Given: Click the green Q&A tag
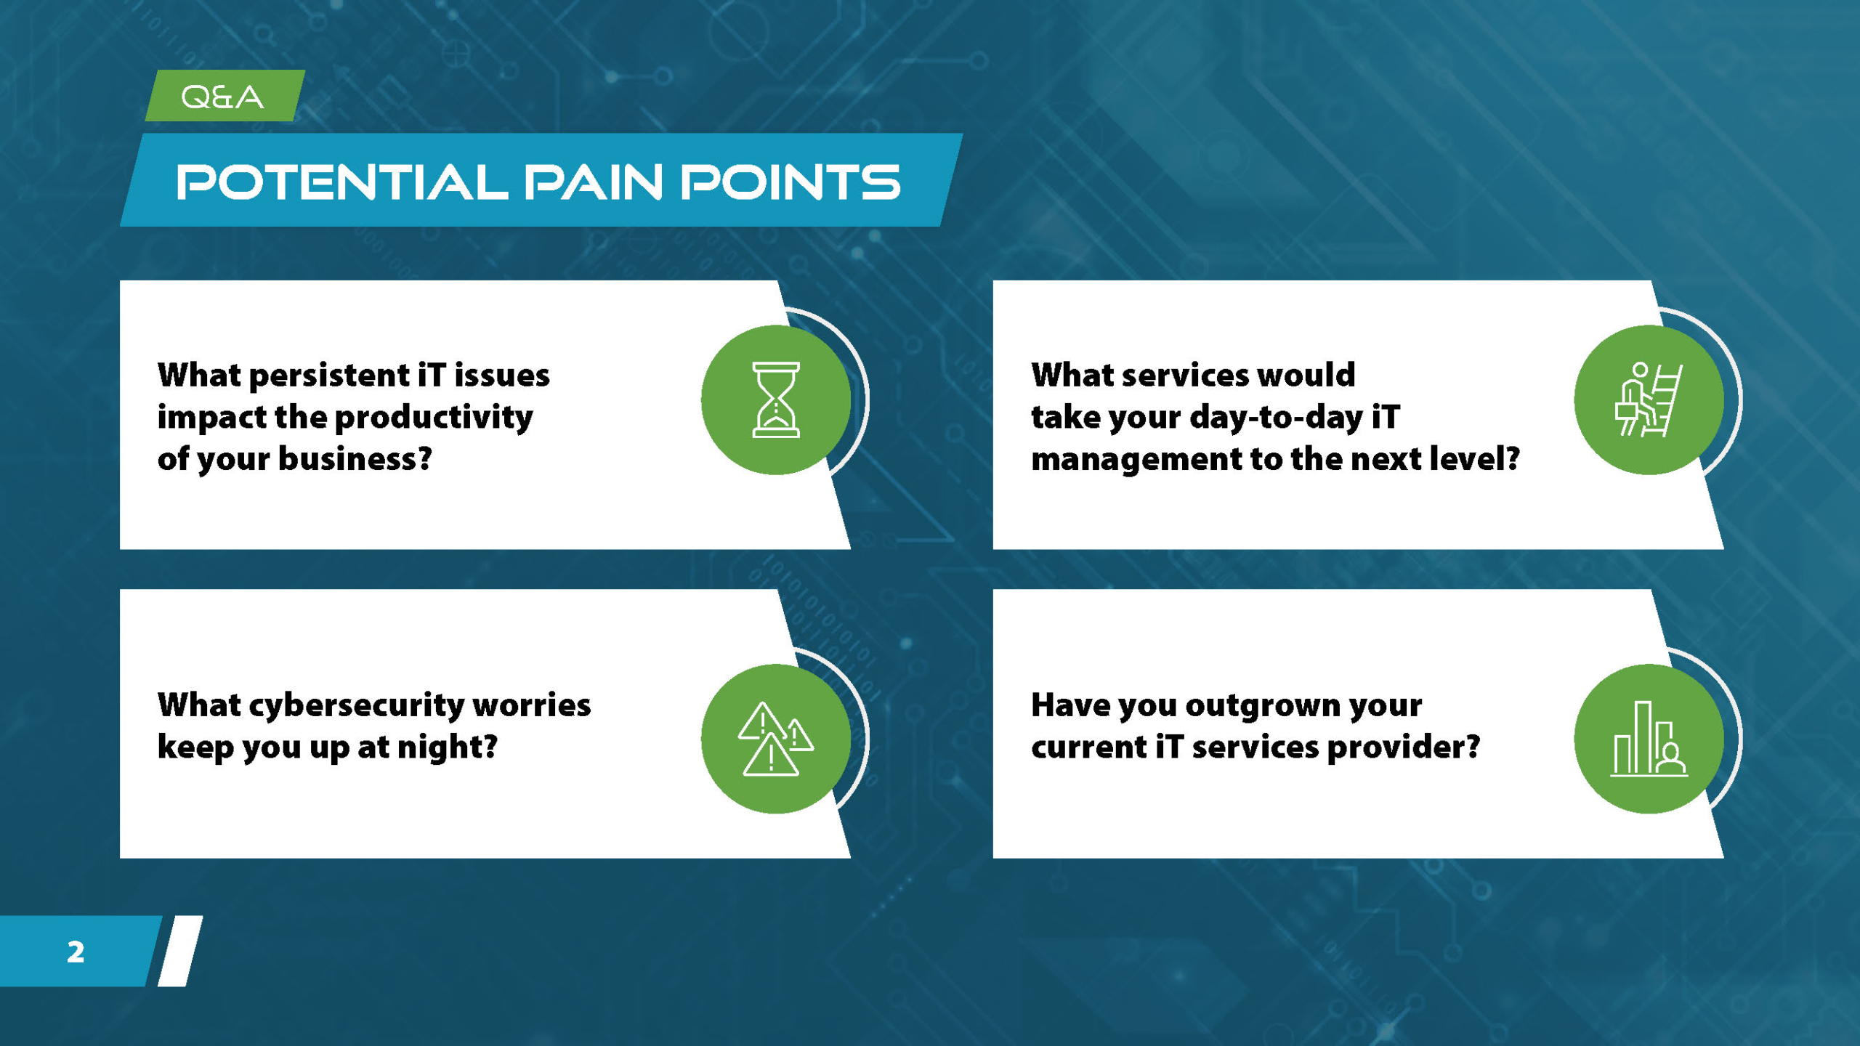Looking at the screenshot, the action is coord(225,96).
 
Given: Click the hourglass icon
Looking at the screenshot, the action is coord(776,400).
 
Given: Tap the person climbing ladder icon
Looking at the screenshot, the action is coord(1649,400).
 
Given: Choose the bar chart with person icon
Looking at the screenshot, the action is coord(1649,739).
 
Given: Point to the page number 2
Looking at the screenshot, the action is coord(76,952).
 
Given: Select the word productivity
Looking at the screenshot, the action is coord(434,418).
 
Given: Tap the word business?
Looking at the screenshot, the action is coord(355,459).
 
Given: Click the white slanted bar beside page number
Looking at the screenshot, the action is coord(180,951).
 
